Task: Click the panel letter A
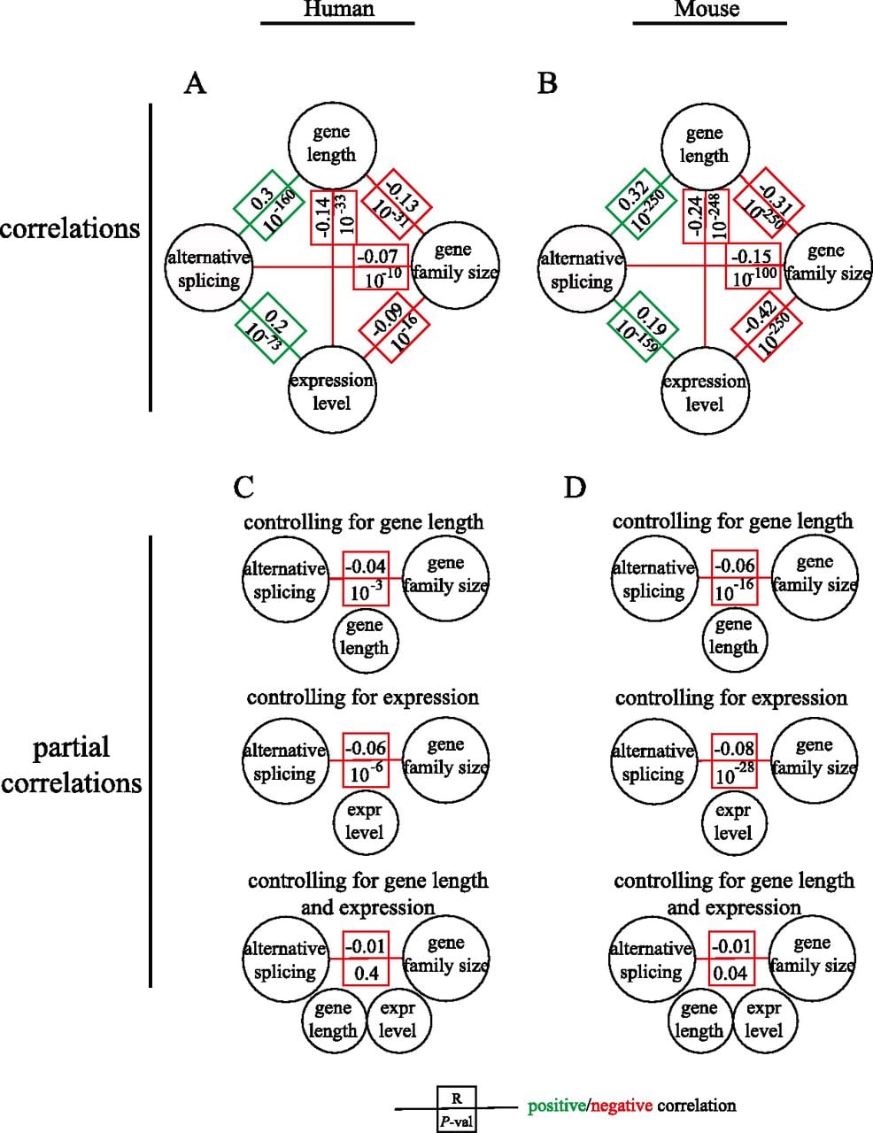point(195,83)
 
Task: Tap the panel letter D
point(575,488)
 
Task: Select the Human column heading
point(339,9)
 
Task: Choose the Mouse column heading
point(707,9)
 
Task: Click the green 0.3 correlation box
point(268,205)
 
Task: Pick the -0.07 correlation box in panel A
point(381,268)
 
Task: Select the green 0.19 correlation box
point(643,328)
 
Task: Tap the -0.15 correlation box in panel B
point(753,266)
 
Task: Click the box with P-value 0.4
point(366,959)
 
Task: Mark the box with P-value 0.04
point(731,959)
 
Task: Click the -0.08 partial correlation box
point(734,760)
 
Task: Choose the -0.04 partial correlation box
point(366,578)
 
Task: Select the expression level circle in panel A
point(332,389)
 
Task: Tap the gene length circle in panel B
point(705,147)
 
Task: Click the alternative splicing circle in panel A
point(209,268)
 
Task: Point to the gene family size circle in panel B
point(828,266)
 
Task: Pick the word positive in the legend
point(556,1106)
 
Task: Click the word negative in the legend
point(622,1106)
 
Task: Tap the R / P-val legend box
point(457,1108)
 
